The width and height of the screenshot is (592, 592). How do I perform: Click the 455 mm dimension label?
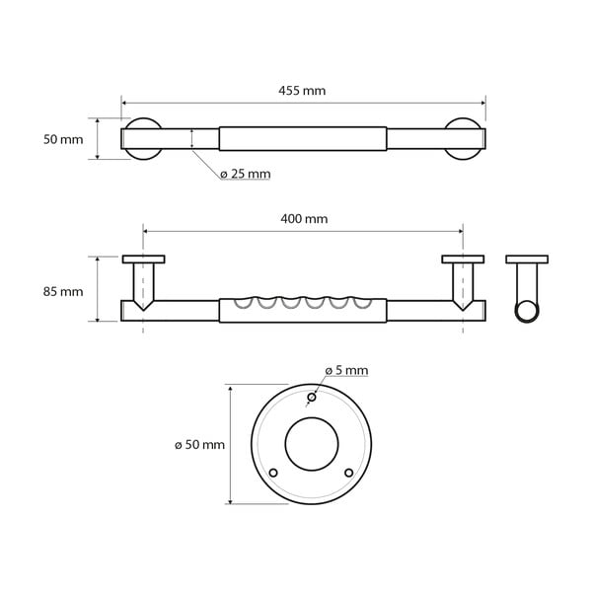click(x=302, y=91)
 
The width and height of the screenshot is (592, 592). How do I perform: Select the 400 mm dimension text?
click(x=304, y=219)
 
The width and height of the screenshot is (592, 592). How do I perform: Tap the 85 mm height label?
click(x=64, y=291)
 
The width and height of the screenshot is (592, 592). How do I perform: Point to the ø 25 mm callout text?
click(x=245, y=174)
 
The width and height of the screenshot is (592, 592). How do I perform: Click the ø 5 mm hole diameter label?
click(x=346, y=370)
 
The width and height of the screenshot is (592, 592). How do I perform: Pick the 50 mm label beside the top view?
click(x=64, y=139)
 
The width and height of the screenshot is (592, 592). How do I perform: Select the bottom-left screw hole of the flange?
click(x=274, y=473)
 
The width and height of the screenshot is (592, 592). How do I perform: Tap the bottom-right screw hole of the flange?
click(x=347, y=473)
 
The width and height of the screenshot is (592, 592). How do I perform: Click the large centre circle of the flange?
click(x=311, y=445)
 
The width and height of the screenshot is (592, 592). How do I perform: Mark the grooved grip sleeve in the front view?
click(x=303, y=310)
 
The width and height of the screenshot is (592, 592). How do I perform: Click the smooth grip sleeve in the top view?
click(x=303, y=138)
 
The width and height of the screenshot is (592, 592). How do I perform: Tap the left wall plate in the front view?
click(x=144, y=259)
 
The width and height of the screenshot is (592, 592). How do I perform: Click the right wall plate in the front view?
click(x=463, y=259)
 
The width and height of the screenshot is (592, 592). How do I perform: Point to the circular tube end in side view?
click(x=529, y=311)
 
